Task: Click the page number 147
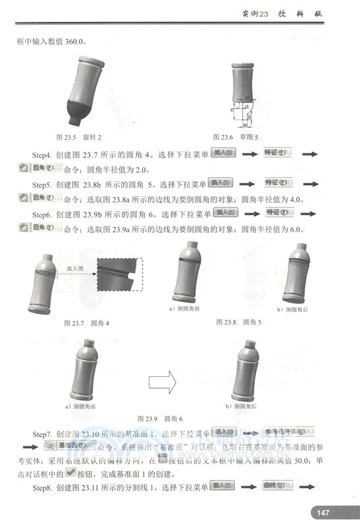coord(324,512)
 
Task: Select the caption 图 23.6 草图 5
coord(235,137)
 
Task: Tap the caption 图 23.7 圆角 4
coord(87,323)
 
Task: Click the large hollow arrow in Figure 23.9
coord(160,380)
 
